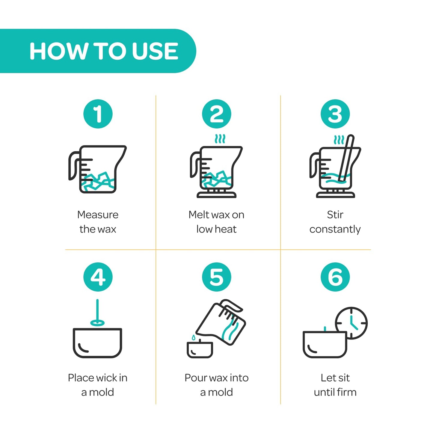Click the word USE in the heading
[x=155, y=51]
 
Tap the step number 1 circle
[x=98, y=114]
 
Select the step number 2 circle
[x=216, y=114]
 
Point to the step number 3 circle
[x=335, y=114]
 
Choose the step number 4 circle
[x=98, y=277]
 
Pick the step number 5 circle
[x=216, y=277]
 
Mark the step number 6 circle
[x=335, y=277]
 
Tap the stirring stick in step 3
[x=346, y=158]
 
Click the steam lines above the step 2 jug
[x=220, y=139]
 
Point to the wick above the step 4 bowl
[x=97, y=313]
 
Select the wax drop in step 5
[x=194, y=337]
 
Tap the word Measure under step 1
[x=98, y=215]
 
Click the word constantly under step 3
[x=335, y=230]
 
